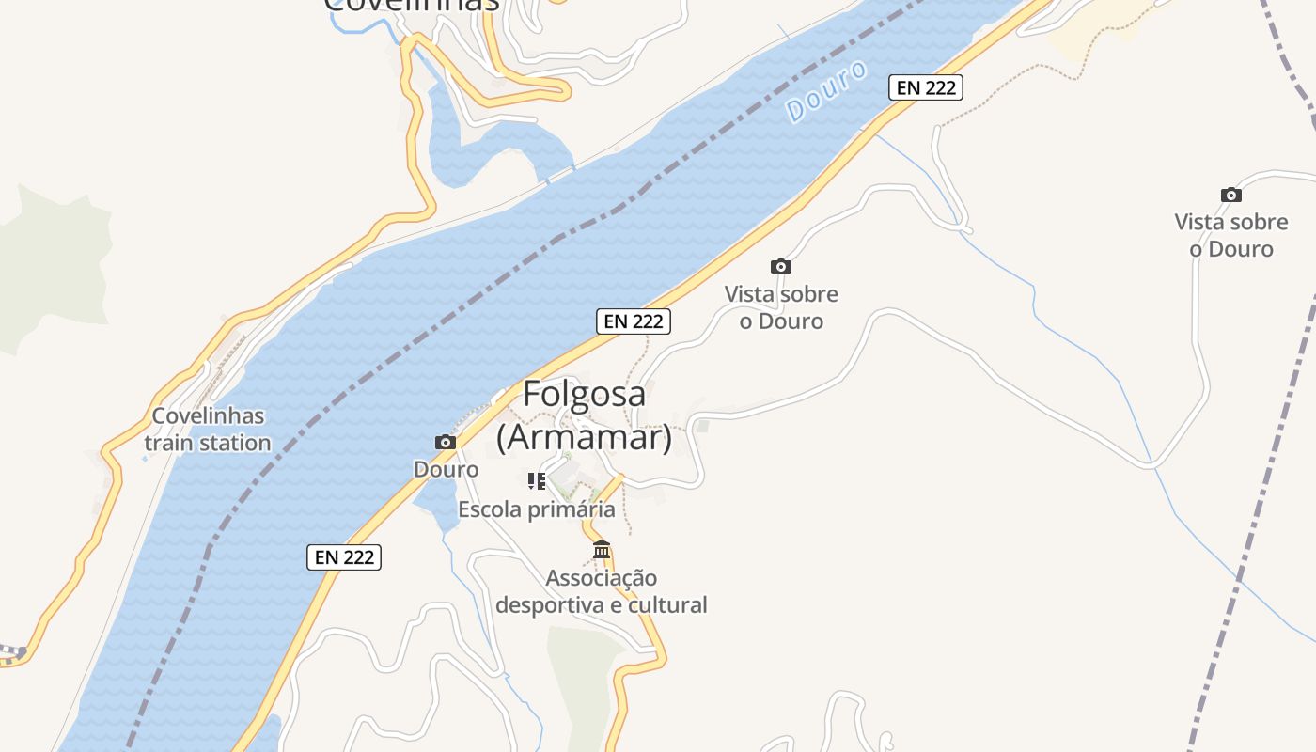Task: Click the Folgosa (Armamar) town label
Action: (x=584, y=415)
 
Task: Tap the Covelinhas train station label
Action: (x=208, y=429)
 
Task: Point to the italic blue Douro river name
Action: (x=826, y=92)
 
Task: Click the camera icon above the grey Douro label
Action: (x=446, y=442)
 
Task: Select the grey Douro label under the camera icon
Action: (x=446, y=469)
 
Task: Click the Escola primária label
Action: (x=536, y=509)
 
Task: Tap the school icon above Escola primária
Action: (x=537, y=482)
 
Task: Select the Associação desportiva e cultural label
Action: (x=602, y=591)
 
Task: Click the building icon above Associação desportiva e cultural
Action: (x=602, y=549)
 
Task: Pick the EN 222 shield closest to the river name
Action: (x=926, y=87)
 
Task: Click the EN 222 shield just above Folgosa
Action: (x=634, y=321)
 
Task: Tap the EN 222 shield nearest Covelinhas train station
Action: (x=344, y=556)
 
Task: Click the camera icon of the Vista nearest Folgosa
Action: (x=781, y=266)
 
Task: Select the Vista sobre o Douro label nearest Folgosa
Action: (x=781, y=307)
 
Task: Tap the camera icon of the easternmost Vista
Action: (x=1231, y=195)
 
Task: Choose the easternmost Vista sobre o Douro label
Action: (x=1231, y=235)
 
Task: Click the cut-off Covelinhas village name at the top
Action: (x=411, y=6)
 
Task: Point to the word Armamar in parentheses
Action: (x=584, y=437)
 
